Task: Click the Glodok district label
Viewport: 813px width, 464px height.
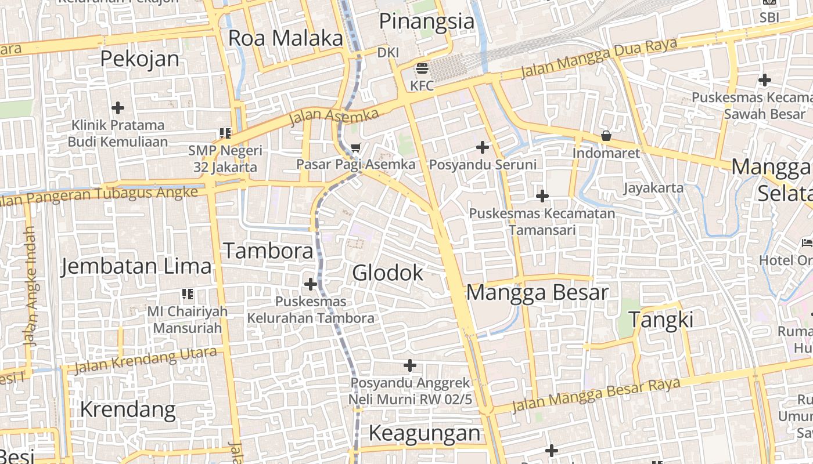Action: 387,273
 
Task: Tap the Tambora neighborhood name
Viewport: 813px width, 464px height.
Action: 268,251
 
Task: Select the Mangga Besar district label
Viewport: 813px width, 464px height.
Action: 537,292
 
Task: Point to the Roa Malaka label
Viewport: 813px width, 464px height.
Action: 286,38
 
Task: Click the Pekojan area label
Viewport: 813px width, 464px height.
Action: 140,59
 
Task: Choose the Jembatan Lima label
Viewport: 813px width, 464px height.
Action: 136,266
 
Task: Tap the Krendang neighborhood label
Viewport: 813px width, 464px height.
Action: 128,409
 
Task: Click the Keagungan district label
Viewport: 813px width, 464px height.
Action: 425,433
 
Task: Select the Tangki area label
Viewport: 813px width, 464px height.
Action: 661,320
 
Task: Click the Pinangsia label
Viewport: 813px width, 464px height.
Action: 427,21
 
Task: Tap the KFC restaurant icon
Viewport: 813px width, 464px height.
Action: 422,68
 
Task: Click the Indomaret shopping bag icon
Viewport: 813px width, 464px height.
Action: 606,136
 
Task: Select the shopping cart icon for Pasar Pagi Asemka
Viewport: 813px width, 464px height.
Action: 356,147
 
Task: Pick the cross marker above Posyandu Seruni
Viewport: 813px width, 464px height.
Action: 483,147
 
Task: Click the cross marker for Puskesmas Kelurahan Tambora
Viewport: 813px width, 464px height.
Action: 311,284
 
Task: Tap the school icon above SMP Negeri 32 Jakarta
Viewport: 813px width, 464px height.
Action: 225,133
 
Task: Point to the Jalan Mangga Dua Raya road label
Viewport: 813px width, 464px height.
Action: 599,57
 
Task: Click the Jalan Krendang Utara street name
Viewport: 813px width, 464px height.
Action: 146,360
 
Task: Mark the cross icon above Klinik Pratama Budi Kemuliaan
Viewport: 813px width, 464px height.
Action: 118,108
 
